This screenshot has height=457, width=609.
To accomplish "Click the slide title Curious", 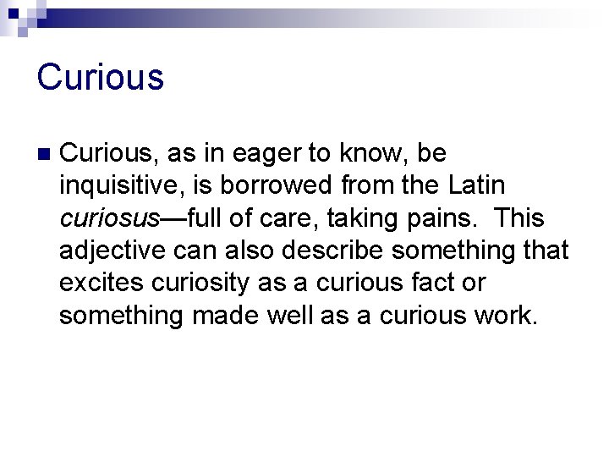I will click(100, 77).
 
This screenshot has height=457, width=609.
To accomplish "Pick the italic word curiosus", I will click(109, 219).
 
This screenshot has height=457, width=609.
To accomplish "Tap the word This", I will click(520, 219).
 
